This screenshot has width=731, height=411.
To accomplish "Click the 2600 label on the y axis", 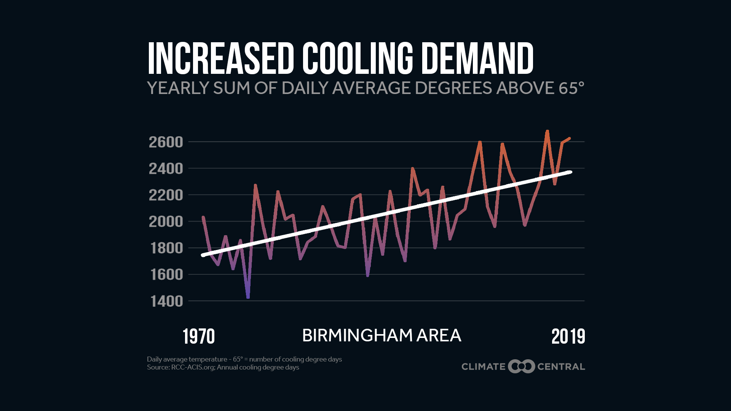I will [x=166, y=142].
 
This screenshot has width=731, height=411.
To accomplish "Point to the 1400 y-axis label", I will [x=167, y=301].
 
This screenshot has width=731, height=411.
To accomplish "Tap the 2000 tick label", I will [x=166, y=221].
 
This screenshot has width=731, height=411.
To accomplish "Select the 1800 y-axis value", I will [x=167, y=248].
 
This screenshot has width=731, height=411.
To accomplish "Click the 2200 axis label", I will [x=166, y=195].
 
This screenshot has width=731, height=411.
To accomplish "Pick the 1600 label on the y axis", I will [x=167, y=275].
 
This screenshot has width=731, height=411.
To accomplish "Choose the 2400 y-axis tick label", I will [x=166, y=169].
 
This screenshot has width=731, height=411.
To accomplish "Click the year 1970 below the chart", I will [x=199, y=337].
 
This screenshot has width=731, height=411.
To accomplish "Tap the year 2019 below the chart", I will [x=568, y=337].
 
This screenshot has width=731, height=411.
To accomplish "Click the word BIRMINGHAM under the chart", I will [x=357, y=336].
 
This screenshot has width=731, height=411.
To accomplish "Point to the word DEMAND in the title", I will [x=477, y=59].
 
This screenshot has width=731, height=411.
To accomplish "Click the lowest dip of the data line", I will [x=248, y=297].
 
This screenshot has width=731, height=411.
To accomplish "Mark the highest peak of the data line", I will [x=547, y=131].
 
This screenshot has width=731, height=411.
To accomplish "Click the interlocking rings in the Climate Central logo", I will [x=521, y=366].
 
